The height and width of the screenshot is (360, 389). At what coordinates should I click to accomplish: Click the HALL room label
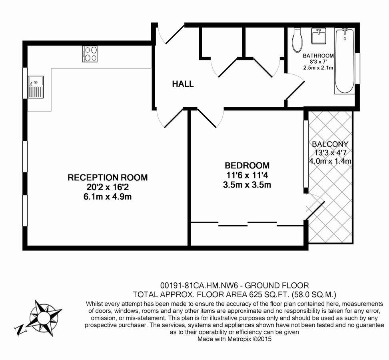pyautogui.click(x=183, y=84)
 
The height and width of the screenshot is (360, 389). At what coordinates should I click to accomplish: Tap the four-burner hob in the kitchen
pyautogui.click(x=90, y=54)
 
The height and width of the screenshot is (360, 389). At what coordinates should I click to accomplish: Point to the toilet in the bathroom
pyautogui.click(x=297, y=40)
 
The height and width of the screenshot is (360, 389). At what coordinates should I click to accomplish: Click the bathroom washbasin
pyautogui.click(x=319, y=37)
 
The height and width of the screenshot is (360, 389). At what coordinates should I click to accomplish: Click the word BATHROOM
pyautogui.click(x=318, y=56)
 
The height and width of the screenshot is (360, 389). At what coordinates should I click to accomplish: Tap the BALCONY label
pyautogui.click(x=330, y=144)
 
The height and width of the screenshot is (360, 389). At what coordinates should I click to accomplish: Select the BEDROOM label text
pyautogui.click(x=247, y=165)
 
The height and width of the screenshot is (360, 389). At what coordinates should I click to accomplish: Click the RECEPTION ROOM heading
pyautogui.click(x=108, y=177)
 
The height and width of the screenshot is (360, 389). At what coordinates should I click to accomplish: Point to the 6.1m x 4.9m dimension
pyautogui.click(x=108, y=196)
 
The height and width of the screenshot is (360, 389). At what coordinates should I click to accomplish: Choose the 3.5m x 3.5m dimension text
pyautogui.click(x=247, y=185)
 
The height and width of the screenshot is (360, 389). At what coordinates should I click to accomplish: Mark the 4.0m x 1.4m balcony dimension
pyautogui.click(x=330, y=161)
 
